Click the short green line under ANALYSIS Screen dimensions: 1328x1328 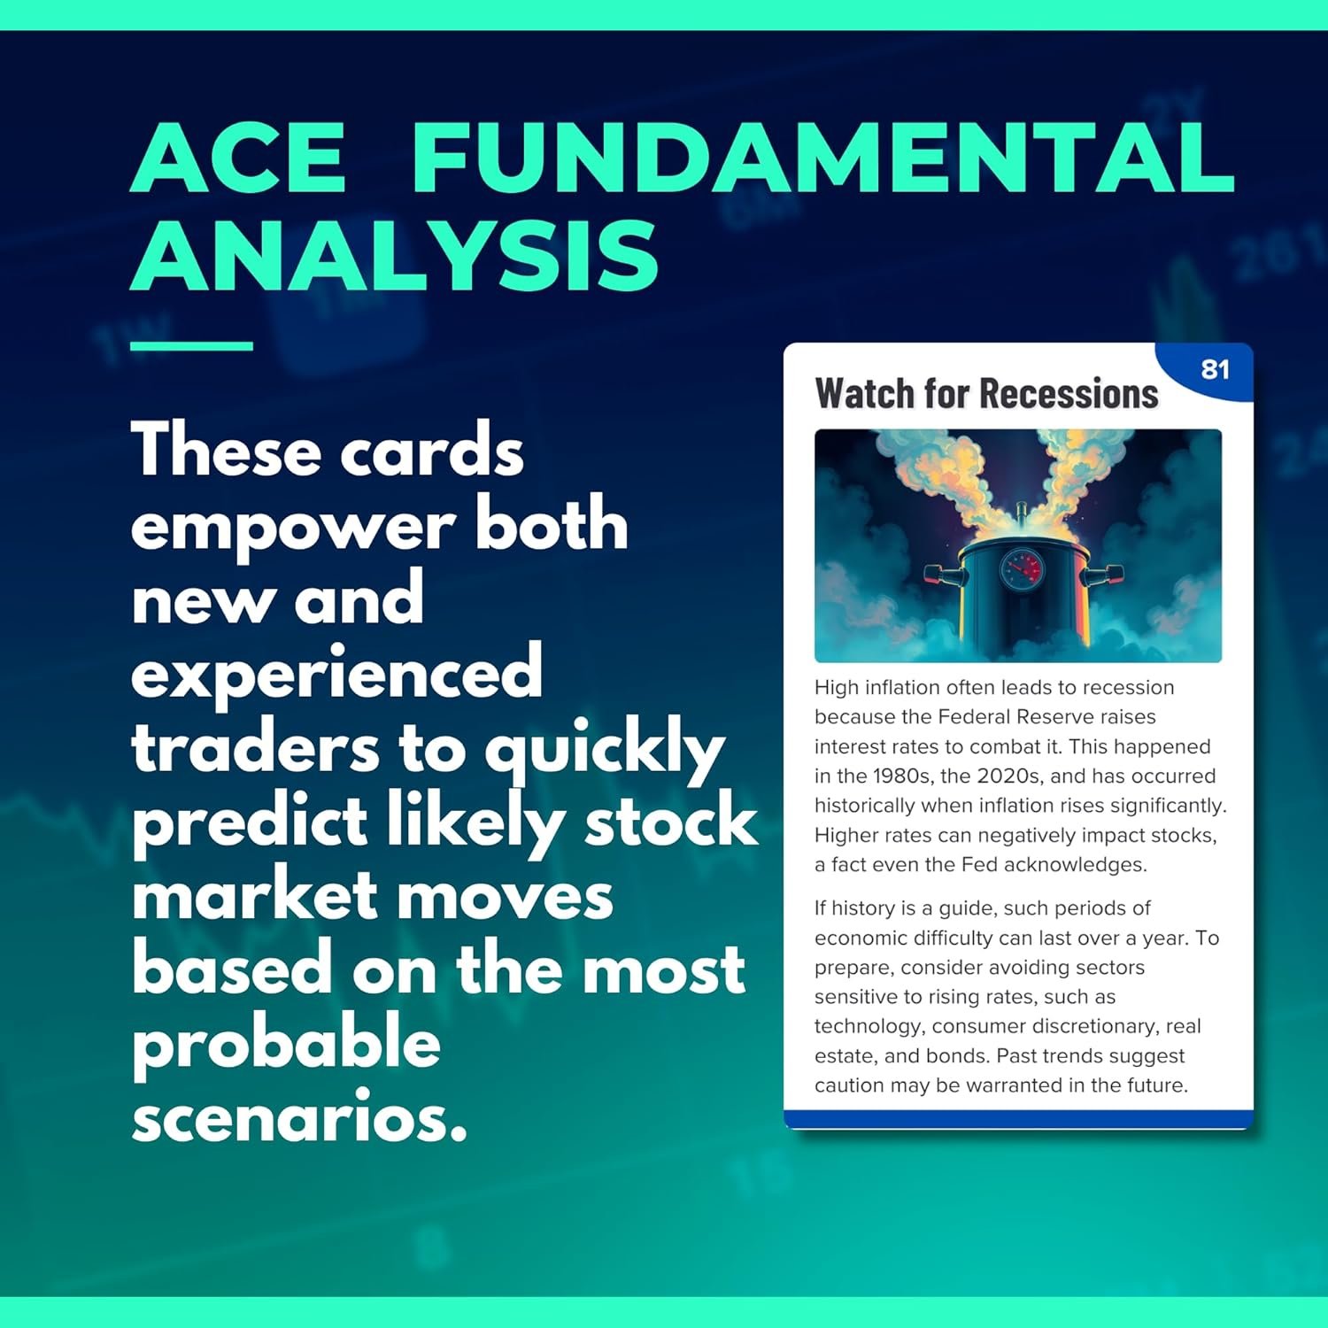(x=191, y=345)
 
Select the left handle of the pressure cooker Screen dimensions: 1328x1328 (x=940, y=575)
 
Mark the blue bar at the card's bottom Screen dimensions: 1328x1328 (x=1018, y=1120)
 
